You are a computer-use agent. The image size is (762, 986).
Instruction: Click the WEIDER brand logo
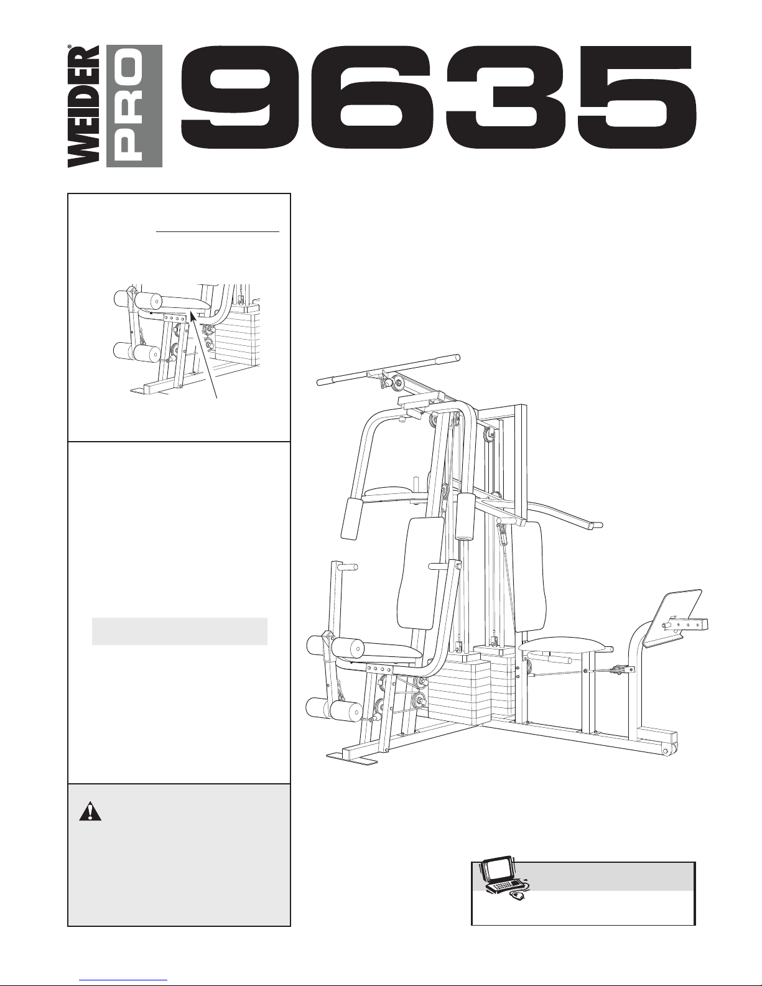pyautogui.click(x=83, y=106)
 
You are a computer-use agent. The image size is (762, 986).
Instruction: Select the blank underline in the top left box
pyautogui.click(x=218, y=231)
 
